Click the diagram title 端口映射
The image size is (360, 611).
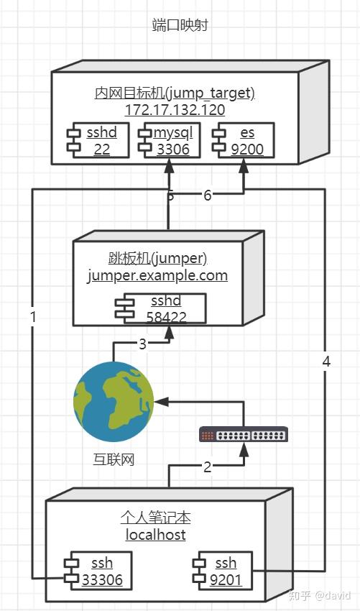coord(180,26)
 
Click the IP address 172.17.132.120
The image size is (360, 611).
coord(175,110)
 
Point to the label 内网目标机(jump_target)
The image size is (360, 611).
coord(175,93)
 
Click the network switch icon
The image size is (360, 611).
coord(244,434)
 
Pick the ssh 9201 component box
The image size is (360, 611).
coord(220,571)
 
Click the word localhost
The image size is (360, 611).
coord(156,535)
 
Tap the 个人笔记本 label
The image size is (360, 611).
coord(156,518)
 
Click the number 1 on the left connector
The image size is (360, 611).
coord(33,316)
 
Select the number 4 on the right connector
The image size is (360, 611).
coord(326,362)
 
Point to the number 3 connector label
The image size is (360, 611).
coord(142,344)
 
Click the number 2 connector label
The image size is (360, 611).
coord(207,467)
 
